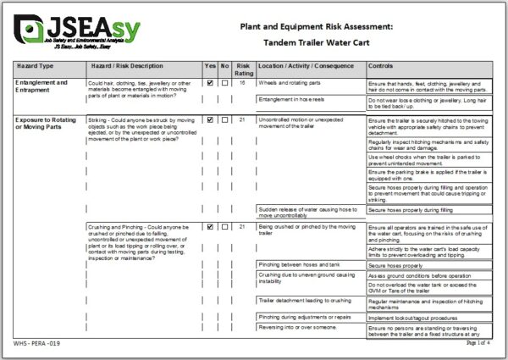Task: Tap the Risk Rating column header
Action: point(243,69)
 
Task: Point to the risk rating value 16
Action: point(243,83)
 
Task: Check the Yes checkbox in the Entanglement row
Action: point(210,83)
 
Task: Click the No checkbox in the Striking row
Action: point(224,120)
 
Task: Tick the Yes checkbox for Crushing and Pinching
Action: point(210,226)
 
